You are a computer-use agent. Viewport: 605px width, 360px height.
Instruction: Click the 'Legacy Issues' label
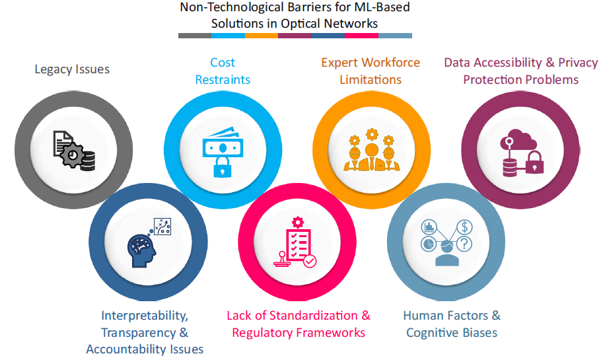coord(72,69)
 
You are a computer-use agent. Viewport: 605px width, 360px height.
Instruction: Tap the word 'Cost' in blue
coord(223,63)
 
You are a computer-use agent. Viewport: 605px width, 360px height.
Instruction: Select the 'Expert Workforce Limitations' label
coord(370,71)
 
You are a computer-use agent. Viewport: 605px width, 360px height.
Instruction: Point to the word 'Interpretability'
coord(145,316)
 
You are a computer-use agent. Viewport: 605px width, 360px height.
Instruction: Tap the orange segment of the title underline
coord(262,36)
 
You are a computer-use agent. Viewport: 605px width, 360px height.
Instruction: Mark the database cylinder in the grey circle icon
coord(87,161)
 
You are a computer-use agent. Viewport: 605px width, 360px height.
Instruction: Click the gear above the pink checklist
coord(297,221)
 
